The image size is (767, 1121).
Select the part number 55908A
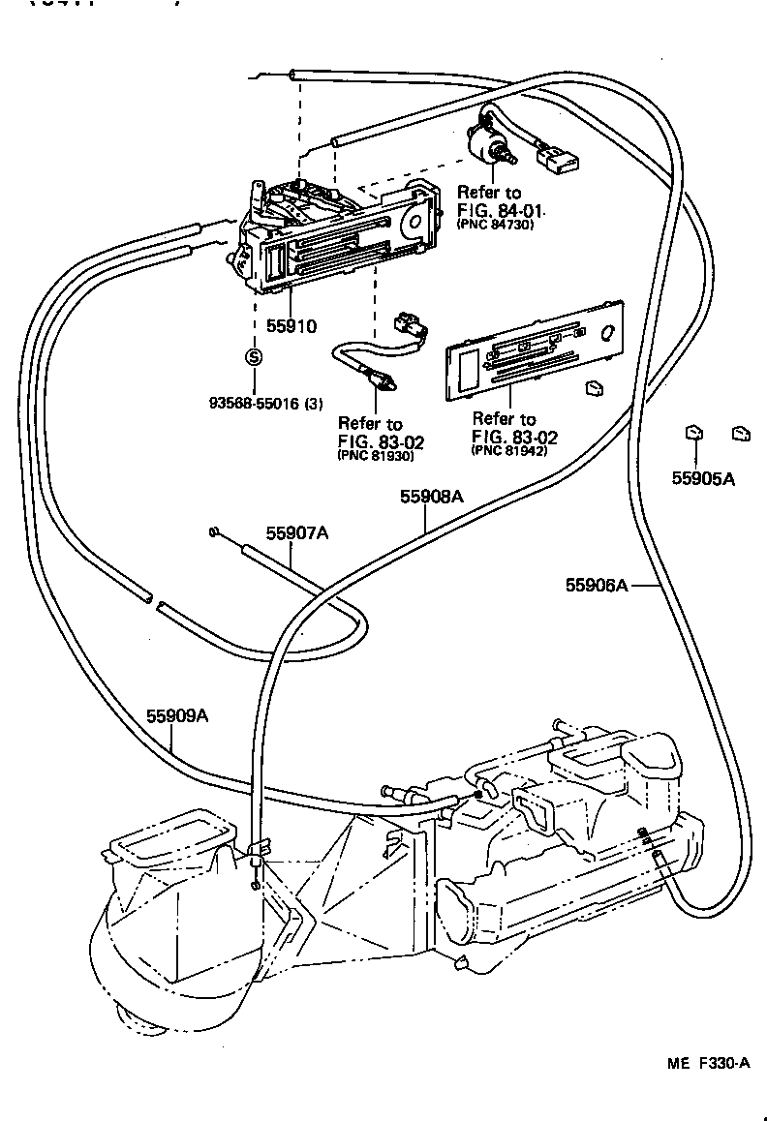click(432, 497)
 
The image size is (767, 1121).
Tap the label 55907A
click(297, 533)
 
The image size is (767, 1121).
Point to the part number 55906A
click(598, 584)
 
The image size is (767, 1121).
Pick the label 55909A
click(178, 716)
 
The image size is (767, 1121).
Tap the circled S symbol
click(253, 357)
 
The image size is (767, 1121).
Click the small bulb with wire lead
click(374, 376)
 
